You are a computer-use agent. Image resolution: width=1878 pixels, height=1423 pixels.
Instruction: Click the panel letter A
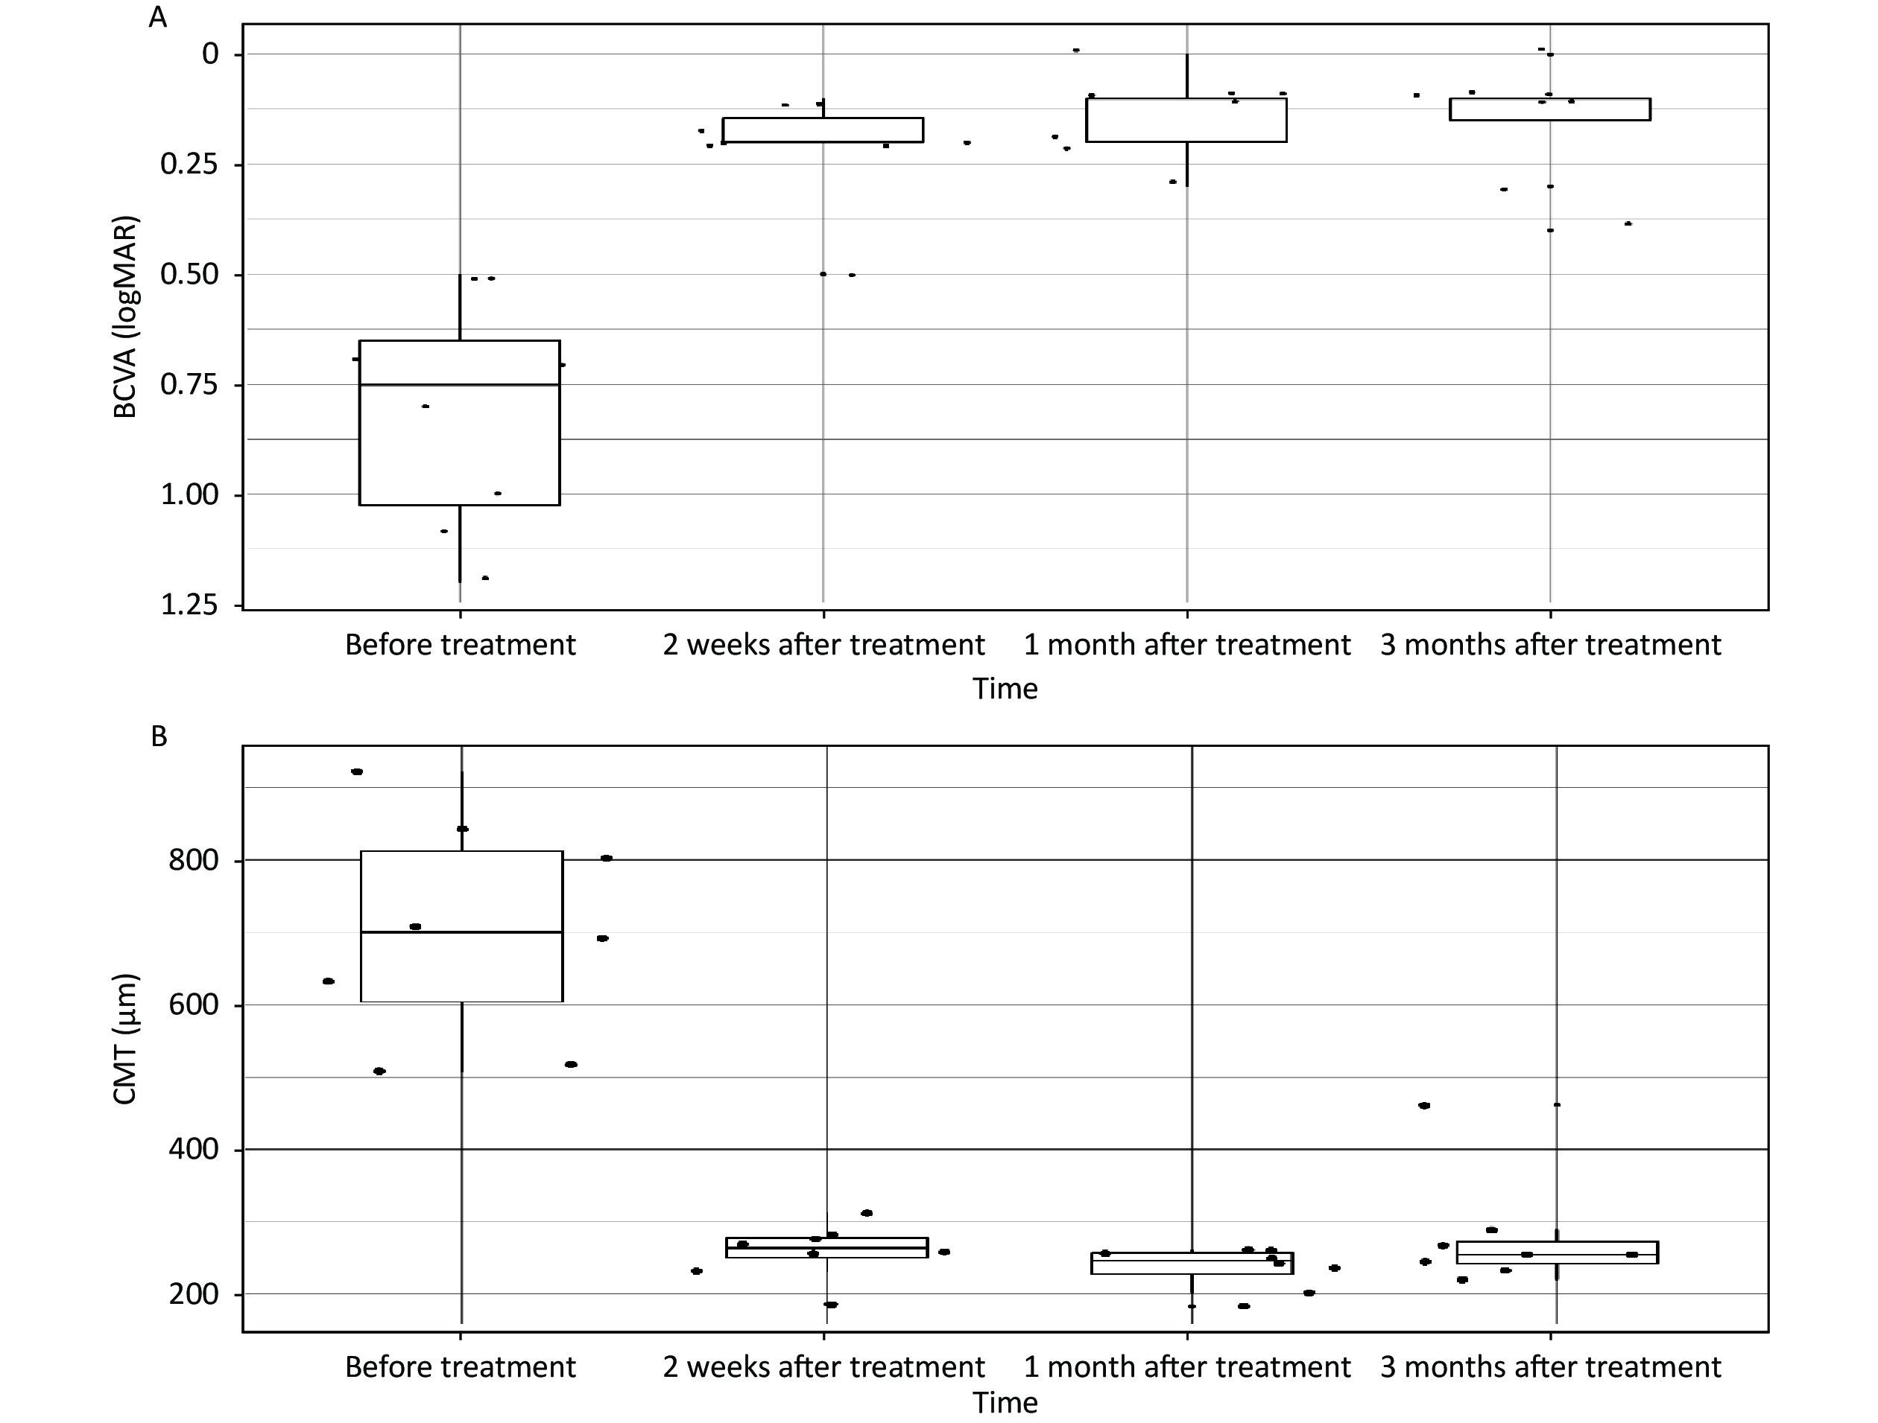tap(158, 17)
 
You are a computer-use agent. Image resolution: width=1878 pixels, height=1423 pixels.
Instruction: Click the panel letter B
tap(159, 736)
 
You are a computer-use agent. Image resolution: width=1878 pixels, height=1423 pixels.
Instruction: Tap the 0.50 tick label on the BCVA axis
tap(189, 274)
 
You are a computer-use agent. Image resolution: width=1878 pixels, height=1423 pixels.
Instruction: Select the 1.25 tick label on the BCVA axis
tap(189, 604)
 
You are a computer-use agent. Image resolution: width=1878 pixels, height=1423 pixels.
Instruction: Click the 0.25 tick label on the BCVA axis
tap(189, 164)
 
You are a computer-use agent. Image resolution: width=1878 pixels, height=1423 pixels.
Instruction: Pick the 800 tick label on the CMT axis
tap(194, 860)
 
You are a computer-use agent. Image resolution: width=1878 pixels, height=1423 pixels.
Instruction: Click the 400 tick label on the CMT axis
tap(194, 1149)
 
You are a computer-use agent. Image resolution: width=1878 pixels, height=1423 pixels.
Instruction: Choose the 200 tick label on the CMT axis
tap(194, 1294)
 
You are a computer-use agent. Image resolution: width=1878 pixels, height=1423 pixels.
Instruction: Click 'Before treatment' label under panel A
tap(460, 645)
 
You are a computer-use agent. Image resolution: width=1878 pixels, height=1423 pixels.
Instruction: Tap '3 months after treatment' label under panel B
tap(1550, 1367)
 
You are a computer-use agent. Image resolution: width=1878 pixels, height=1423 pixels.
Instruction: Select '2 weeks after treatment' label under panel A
tap(823, 645)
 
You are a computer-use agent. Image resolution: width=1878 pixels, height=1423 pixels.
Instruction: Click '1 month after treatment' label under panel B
tap(1187, 1367)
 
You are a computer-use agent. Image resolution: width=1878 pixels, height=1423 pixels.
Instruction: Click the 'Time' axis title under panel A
tap(1005, 688)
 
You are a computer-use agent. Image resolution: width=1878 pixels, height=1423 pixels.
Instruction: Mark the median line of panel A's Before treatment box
tap(459, 384)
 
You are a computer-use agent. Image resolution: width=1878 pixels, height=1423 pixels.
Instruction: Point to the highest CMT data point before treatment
tap(356, 771)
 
